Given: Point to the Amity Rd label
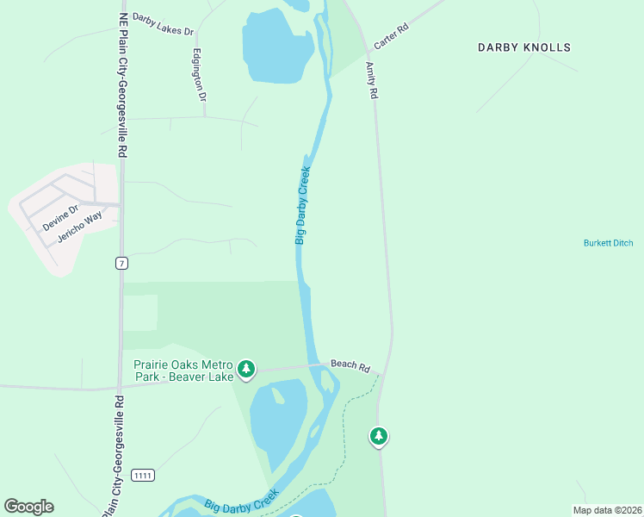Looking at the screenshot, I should point(372,80).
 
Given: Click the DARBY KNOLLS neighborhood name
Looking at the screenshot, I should point(524,48).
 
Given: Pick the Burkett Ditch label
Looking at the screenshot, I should point(608,243).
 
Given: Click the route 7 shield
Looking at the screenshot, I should point(122,262).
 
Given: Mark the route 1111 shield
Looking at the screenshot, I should point(142,476).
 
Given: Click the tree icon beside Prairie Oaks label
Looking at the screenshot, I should point(247,370).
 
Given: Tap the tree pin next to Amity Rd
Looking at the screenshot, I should point(378,436).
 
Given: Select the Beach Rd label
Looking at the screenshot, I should point(352,366).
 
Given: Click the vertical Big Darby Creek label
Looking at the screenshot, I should point(302,205).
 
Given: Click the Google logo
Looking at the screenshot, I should point(28,507).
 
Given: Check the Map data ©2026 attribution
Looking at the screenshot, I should point(607,510).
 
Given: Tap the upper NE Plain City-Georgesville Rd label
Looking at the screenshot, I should point(123,84).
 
